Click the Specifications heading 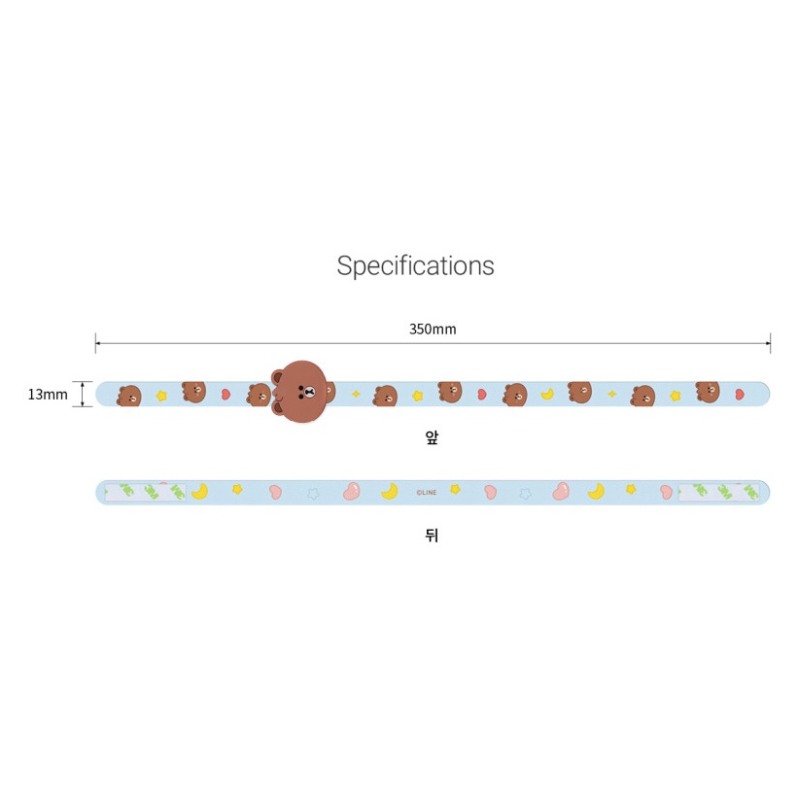coord(415,265)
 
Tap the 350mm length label coord(432,330)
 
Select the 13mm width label coord(48,394)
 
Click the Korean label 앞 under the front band coord(433,437)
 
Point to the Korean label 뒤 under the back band coord(433,535)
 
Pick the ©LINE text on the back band coord(427,493)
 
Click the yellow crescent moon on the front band coord(548,394)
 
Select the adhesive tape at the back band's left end coord(145,492)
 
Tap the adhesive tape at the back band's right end coord(718,493)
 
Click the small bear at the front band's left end coord(129,396)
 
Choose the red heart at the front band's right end coord(740,395)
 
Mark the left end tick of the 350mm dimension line coord(95,342)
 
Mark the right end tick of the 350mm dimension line coord(770,342)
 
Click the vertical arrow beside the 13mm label coord(83,394)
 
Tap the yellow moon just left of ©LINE coord(389,491)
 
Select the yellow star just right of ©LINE coord(455,489)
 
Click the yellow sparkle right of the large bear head coord(356,394)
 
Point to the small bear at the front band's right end coord(708,392)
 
